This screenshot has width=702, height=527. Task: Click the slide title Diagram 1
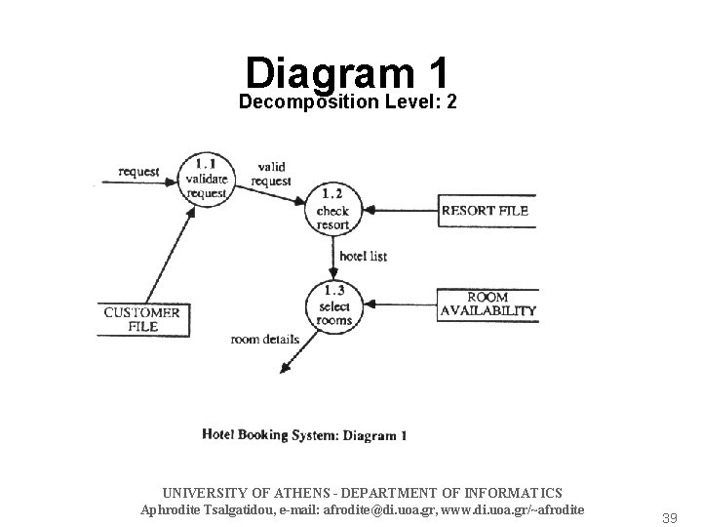point(347,72)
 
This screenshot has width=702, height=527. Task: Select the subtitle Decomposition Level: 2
point(348,102)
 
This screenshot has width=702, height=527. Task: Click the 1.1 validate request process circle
point(207,178)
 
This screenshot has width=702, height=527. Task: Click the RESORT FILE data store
point(485,211)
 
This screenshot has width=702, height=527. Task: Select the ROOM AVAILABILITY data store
point(487,304)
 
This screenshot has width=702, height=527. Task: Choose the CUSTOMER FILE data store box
point(142,319)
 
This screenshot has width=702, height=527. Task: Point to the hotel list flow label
point(364,256)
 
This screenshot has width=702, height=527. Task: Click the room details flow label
point(264,340)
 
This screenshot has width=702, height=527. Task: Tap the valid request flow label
point(270,174)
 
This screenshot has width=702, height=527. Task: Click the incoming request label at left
point(138,172)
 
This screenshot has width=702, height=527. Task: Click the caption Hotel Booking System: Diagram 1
point(304,435)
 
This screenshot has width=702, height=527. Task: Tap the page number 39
point(668,518)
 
